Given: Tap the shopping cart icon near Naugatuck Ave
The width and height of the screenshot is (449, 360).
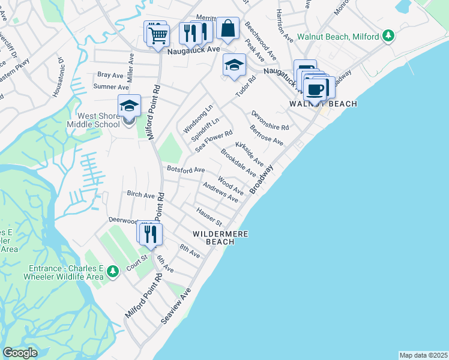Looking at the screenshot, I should coord(158,35).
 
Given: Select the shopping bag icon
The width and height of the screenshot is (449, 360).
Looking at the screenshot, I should coord(228,28).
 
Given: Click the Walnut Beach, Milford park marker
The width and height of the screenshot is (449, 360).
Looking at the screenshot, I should coord(390,36).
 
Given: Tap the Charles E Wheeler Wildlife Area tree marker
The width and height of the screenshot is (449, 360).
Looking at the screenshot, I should coord(112,272).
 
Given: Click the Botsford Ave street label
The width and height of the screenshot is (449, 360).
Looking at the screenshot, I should coord(186,170).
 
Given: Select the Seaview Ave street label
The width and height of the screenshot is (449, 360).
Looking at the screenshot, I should coord(176,306).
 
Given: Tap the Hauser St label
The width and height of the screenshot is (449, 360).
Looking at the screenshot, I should coord(209,213).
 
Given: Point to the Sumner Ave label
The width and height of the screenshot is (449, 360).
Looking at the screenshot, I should coord(111,87).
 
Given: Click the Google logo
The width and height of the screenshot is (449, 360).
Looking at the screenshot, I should coord(20,353).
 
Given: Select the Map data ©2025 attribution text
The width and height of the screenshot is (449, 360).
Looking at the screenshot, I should coord(423,355).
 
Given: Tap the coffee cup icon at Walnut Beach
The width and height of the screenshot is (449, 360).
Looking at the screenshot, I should coord(315,90).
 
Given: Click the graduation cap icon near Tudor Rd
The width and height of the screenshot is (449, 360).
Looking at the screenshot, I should coord(234,65).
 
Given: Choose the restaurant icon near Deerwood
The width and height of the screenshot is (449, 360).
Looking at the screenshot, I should coord(150,234).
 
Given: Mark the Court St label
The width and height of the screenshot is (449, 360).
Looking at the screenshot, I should coord(136,262).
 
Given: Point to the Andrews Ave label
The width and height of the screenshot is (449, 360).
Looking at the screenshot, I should coord(220,193).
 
